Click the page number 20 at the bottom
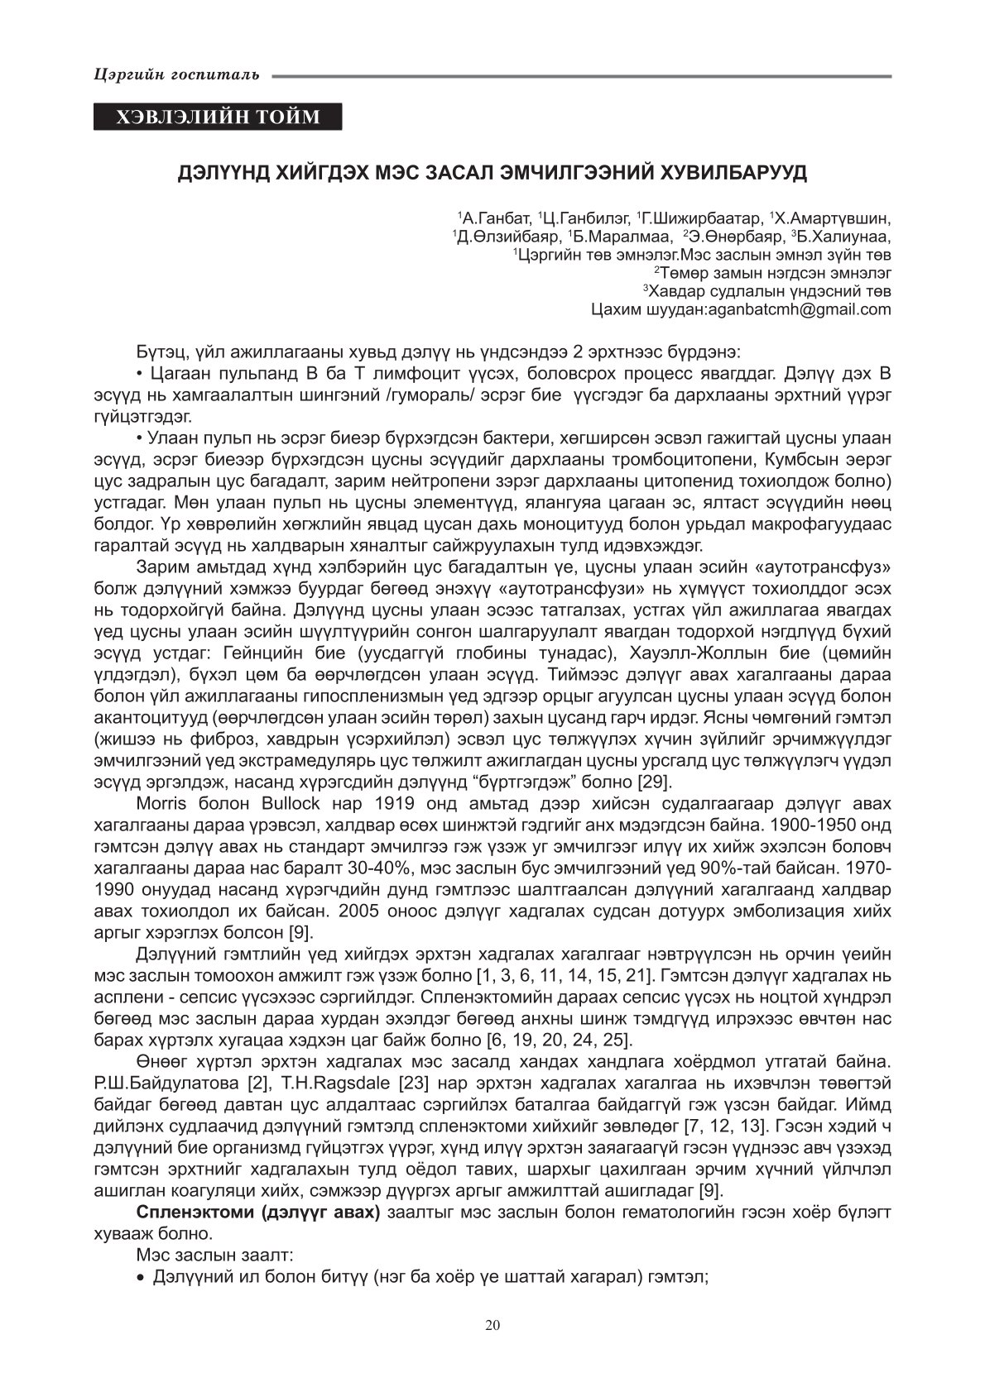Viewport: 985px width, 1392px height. coord(492,1325)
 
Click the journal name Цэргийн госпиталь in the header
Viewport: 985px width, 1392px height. coord(177,75)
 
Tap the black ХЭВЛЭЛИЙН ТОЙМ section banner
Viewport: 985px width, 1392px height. coord(218,117)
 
